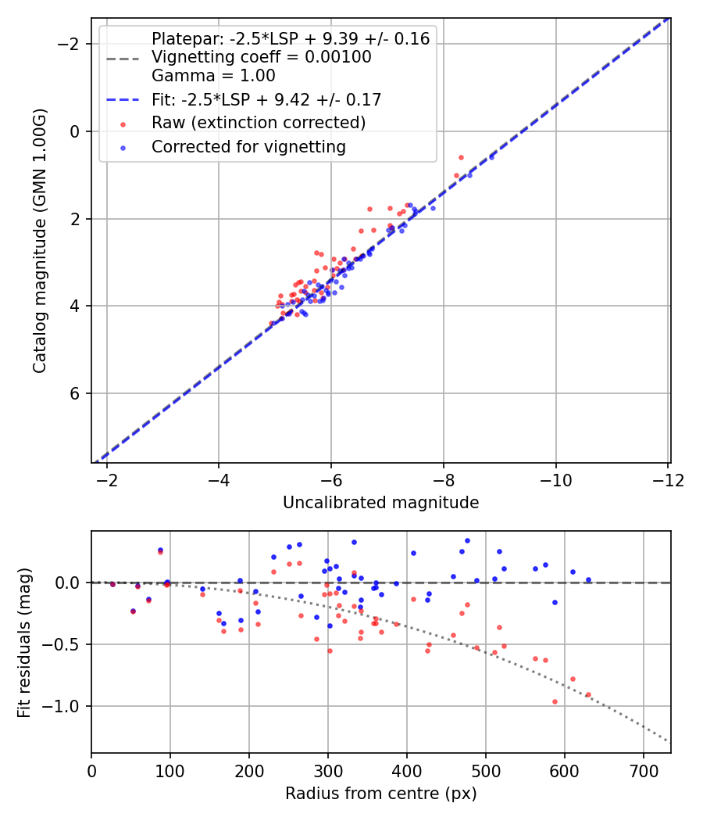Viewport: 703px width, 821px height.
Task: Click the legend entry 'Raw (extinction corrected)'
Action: pos(258,123)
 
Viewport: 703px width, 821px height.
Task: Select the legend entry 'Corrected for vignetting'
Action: pos(248,146)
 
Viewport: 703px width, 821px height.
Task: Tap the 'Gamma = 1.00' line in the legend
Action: pos(213,76)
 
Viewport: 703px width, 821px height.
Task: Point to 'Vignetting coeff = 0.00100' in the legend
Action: pos(261,57)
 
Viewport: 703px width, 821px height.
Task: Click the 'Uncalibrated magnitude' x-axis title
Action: pos(380,502)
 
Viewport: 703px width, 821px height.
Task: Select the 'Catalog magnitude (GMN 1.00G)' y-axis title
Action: pos(39,241)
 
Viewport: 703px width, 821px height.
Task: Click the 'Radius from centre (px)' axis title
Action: pos(380,794)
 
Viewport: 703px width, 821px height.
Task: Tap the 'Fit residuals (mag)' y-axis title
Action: pos(24,642)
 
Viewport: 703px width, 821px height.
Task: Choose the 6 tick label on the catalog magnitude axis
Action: pos(76,393)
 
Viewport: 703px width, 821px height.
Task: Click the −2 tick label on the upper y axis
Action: pos(70,44)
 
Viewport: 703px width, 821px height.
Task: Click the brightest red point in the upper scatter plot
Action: pos(461,157)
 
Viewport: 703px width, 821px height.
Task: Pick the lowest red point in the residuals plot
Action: pos(555,701)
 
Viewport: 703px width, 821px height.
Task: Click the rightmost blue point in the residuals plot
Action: pos(588,579)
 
